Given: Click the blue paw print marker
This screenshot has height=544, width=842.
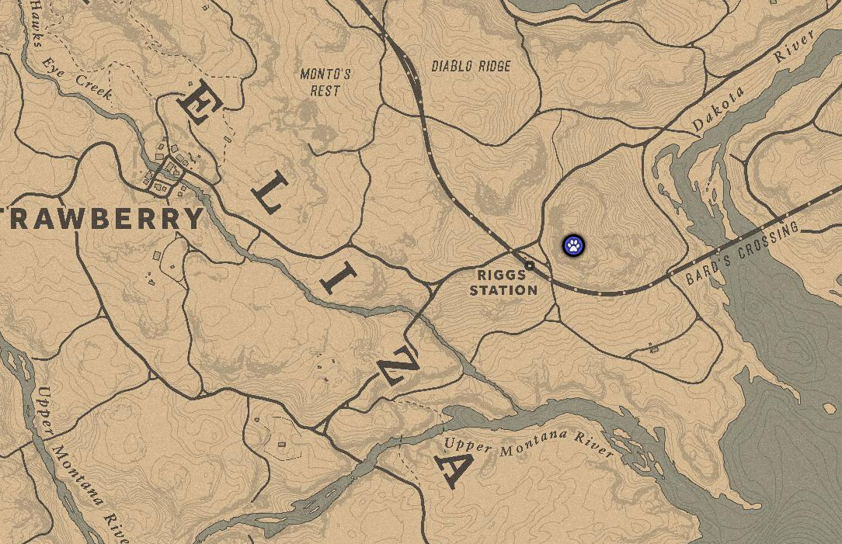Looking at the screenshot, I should click(573, 246).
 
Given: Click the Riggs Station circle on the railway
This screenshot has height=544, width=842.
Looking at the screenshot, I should click(530, 265).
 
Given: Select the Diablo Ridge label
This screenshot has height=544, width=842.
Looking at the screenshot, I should click(471, 67).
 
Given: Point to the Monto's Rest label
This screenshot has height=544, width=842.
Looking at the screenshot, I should click(325, 82).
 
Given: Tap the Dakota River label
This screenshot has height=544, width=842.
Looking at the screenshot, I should click(750, 81).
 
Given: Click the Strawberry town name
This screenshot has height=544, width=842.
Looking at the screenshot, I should click(101, 220).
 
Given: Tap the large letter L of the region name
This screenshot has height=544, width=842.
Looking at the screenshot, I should click(268, 194).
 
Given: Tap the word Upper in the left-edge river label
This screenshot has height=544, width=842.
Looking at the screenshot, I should click(44, 414).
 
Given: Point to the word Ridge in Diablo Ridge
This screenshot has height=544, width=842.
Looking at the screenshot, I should click(493, 67).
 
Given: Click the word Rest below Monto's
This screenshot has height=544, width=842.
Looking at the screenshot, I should click(325, 90).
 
